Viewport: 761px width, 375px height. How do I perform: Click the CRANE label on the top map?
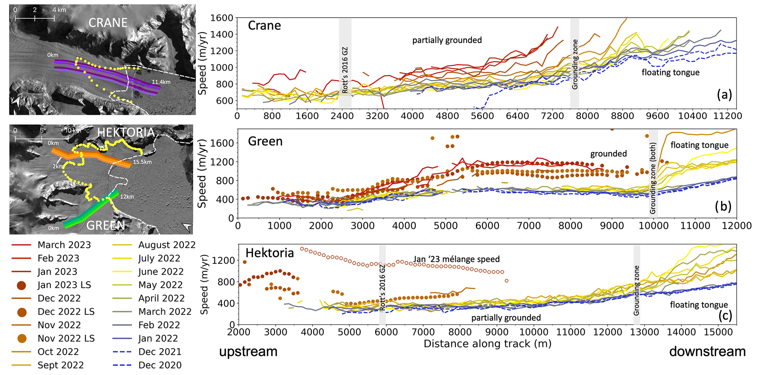(x=108, y=23)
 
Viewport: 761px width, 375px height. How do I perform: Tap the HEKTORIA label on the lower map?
(x=126, y=132)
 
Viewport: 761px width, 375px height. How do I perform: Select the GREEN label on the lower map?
(x=106, y=225)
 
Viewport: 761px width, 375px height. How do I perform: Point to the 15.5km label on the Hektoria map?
(x=142, y=162)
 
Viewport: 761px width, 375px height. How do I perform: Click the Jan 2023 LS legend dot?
(x=21, y=285)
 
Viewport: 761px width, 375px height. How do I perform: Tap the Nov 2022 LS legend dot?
(x=21, y=339)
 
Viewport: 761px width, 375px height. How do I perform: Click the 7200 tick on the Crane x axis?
(x=553, y=116)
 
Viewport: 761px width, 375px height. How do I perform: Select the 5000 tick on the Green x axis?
(x=445, y=225)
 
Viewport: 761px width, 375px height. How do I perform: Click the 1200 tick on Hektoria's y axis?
(x=224, y=261)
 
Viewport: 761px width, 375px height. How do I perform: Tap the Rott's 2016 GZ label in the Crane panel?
(x=345, y=70)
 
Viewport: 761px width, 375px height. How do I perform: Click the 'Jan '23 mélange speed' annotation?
(x=457, y=259)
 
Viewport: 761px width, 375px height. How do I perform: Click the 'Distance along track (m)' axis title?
(x=487, y=344)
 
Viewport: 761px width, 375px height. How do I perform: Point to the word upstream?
(x=248, y=352)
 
